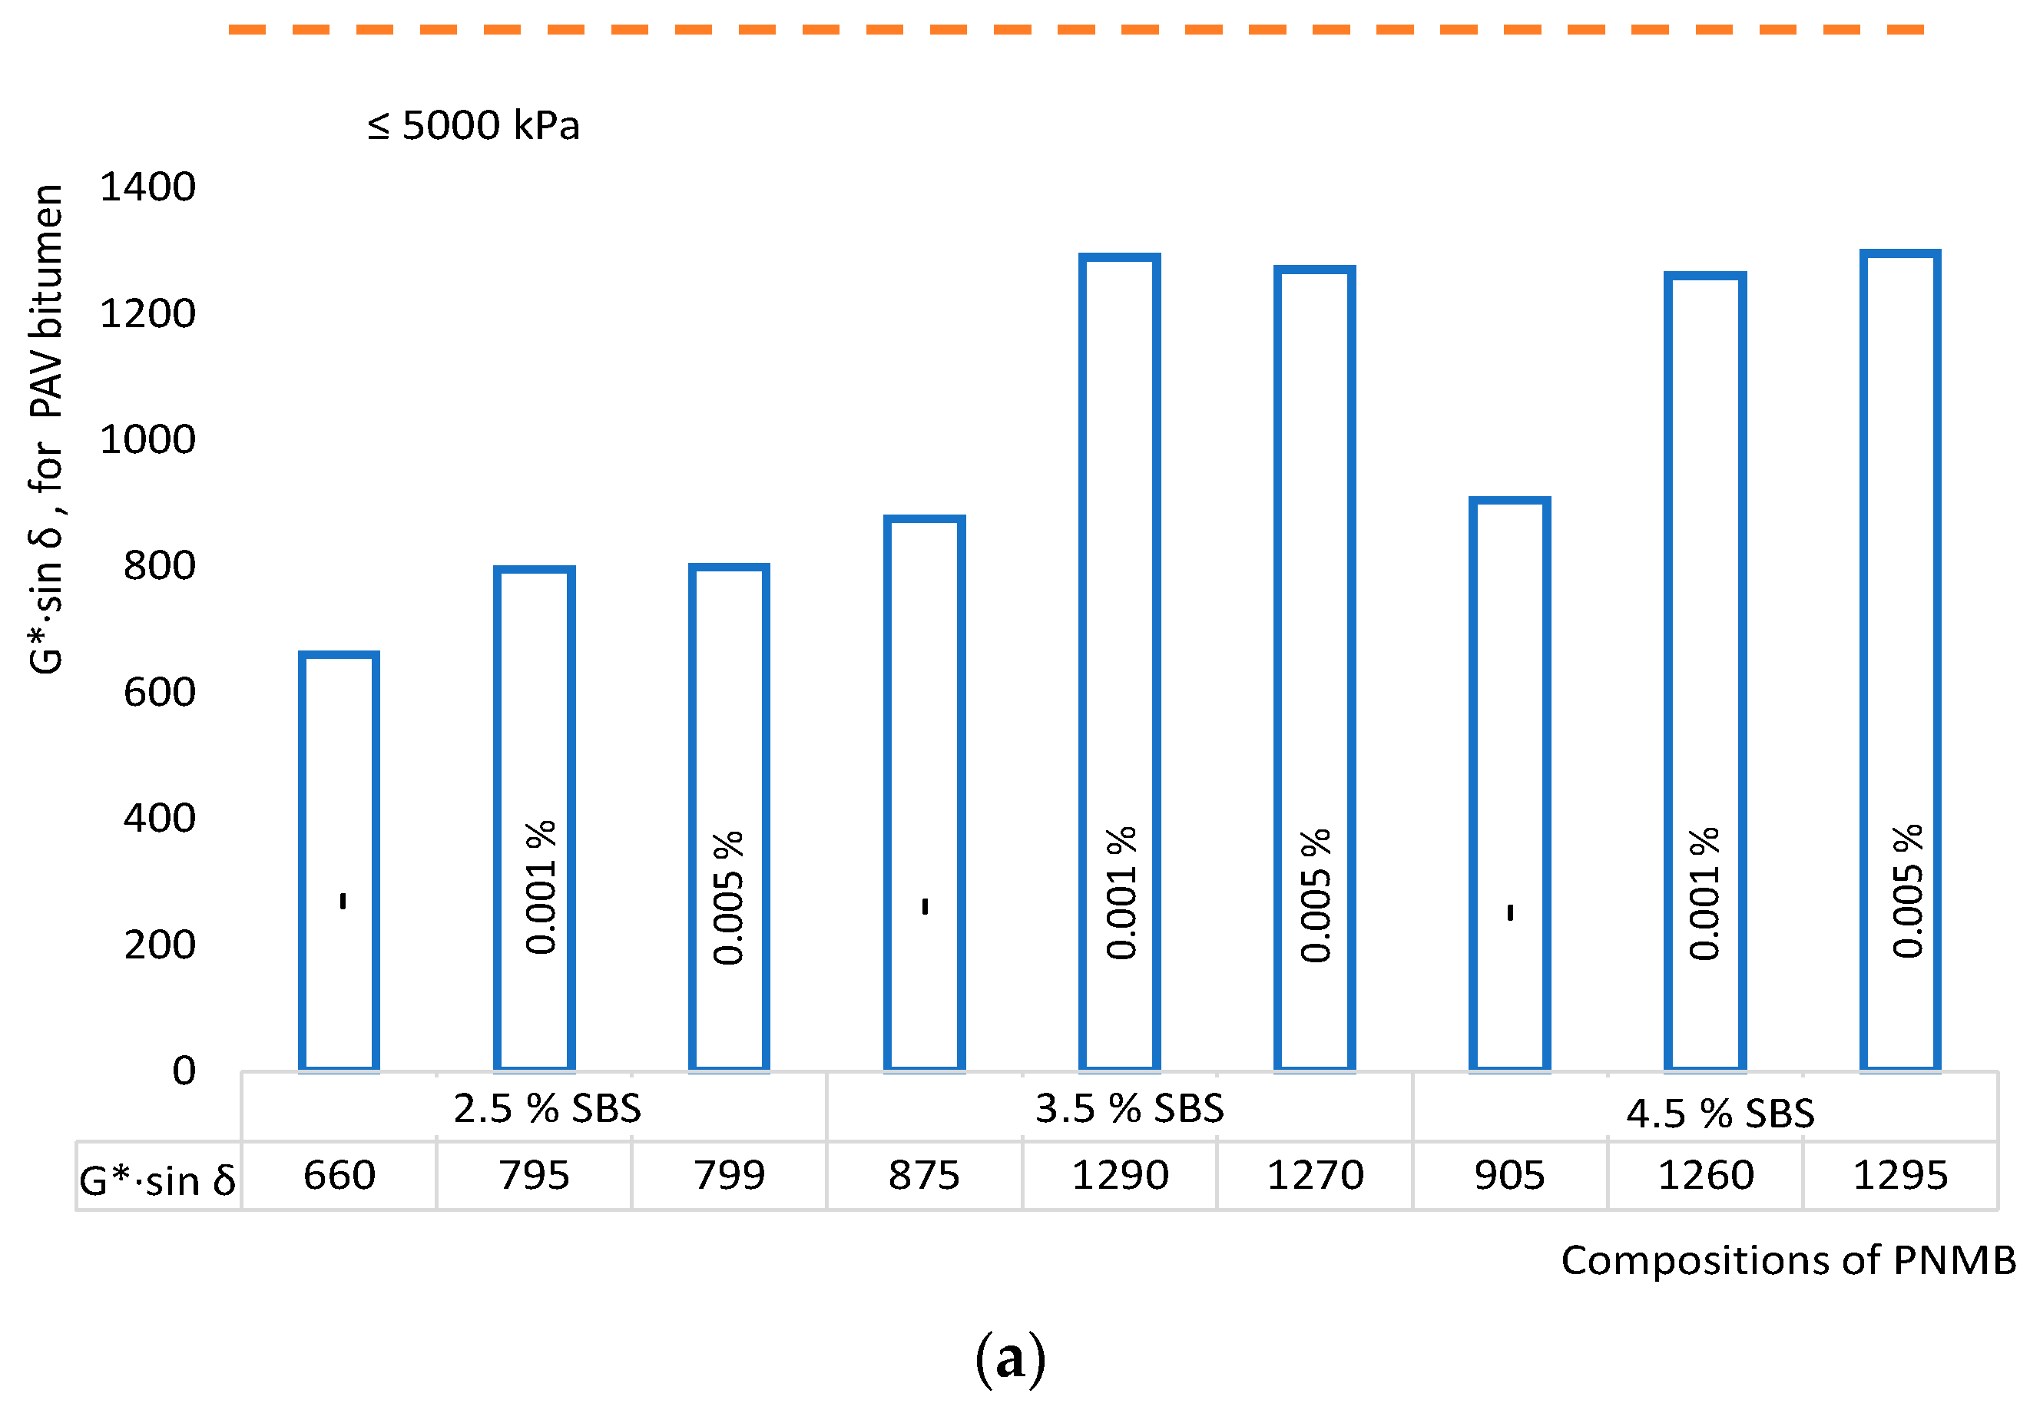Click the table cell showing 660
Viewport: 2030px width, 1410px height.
[339, 1176]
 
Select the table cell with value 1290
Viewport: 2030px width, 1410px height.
[1119, 1176]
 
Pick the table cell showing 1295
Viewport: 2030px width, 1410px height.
[1899, 1176]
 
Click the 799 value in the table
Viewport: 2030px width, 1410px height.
[729, 1176]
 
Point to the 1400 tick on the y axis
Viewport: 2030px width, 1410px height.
[147, 187]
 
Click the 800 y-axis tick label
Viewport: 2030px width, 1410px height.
[159, 565]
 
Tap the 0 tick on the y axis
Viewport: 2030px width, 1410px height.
[184, 1071]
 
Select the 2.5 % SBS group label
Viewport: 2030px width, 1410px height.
[547, 1109]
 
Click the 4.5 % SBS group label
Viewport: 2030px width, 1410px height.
[1720, 1113]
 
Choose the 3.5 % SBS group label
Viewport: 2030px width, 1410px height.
[1129, 1109]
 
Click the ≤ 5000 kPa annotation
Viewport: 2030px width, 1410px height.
[473, 125]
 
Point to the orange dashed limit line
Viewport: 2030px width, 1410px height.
[1075, 30]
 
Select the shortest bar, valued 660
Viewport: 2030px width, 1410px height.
[339, 862]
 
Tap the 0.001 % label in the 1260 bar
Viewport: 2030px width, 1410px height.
[1704, 894]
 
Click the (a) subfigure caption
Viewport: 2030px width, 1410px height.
[1011, 1359]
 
